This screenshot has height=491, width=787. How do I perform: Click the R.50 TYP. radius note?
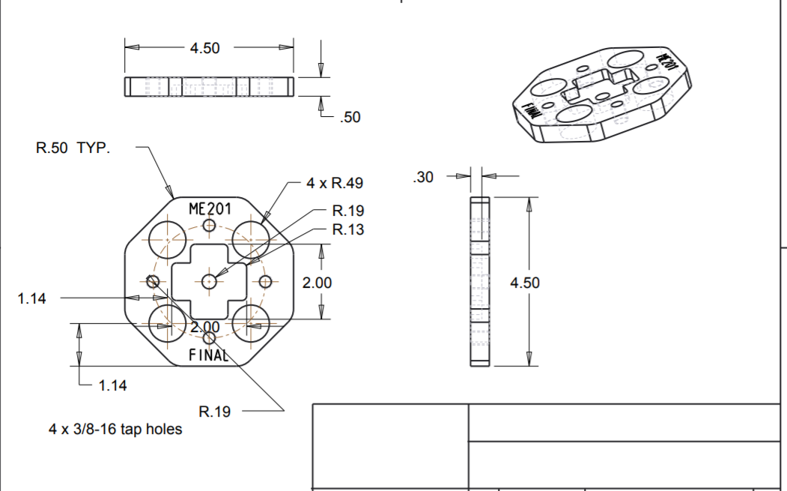click(x=73, y=148)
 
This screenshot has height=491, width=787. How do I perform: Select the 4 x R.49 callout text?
click(x=335, y=183)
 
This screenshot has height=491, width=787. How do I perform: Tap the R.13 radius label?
click(x=348, y=229)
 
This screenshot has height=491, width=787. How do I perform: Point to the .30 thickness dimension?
click(x=423, y=178)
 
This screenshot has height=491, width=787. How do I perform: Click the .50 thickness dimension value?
click(x=350, y=117)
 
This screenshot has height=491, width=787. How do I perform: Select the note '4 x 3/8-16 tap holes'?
click(x=115, y=430)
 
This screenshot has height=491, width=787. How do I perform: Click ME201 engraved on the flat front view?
click(x=209, y=208)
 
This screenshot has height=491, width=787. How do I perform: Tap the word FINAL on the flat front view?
click(x=208, y=355)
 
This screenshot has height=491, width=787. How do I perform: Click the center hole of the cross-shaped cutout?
click(x=209, y=281)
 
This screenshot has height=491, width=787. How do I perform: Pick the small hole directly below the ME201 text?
click(x=209, y=225)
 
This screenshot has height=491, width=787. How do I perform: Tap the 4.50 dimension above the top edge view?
click(x=204, y=48)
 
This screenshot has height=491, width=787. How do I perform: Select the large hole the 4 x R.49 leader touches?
click(x=250, y=238)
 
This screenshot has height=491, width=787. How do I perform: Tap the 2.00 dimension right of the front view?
click(x=317, y=283)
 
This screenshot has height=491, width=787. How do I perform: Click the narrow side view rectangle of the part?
click(x=479, y=282)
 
